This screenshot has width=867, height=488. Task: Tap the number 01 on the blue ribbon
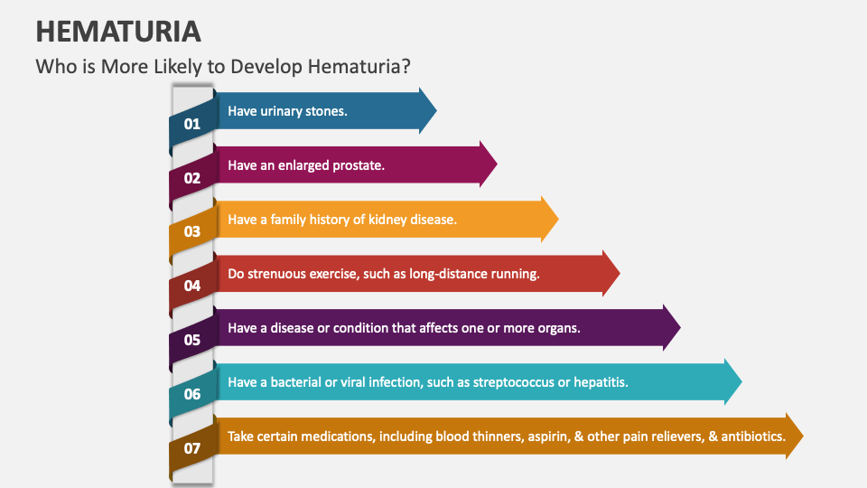192,124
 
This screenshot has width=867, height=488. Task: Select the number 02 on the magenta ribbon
192,178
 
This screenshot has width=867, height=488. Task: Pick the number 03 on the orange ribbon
192,231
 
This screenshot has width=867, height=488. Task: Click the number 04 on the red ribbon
192,286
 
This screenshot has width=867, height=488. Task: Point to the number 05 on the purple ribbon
192,340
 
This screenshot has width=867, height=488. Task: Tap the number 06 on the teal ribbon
192,394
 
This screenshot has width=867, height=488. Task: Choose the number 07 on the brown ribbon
192,448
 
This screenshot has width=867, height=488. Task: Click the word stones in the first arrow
326,111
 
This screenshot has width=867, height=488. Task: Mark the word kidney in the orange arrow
388,220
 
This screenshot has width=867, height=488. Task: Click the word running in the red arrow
516,274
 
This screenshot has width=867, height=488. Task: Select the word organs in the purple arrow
558,328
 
